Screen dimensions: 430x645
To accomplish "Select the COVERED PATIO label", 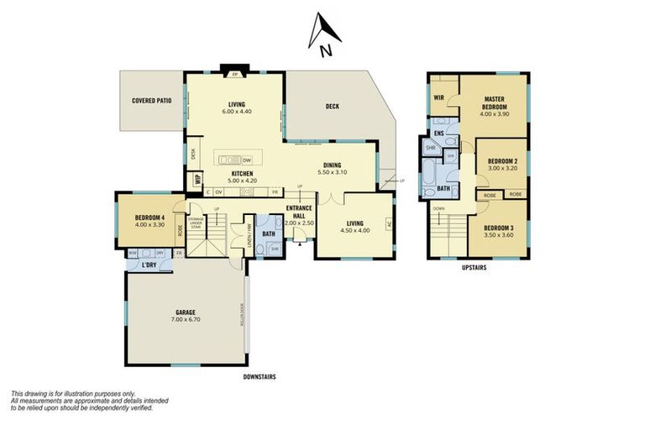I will point(151,101).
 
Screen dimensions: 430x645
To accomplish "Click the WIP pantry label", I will point(197,179).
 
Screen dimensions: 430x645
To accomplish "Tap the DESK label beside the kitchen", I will point(193,153).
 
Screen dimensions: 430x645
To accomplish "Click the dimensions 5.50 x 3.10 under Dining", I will point(333,172).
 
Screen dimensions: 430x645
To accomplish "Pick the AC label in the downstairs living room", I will point(388,223).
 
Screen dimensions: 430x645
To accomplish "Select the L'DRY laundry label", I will point(149,265).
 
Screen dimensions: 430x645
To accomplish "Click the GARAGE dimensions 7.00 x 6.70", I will point(186,320).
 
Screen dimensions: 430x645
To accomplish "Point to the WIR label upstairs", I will point(438,97).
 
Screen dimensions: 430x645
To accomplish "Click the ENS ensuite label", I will point(438,133).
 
